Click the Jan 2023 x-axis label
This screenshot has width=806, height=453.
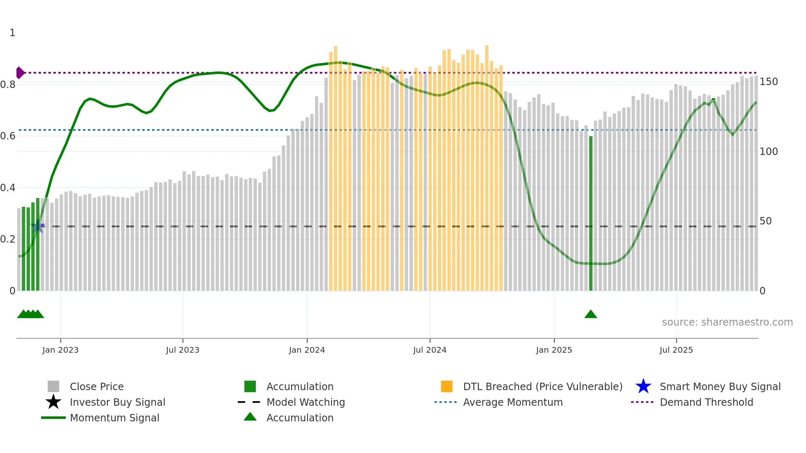[x=60, y=350]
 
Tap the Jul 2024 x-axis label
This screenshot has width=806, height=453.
[x=430, y=350]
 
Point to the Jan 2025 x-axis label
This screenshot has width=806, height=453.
[x=554, y=350]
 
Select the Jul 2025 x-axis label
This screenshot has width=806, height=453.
[x=676, y=350]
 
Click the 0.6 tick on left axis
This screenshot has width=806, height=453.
[x=8, y=136]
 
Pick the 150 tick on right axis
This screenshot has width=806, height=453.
[x=768, y=82]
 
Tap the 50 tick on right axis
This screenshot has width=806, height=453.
[x=765, y=221]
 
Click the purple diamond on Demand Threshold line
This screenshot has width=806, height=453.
[x=20, y=73]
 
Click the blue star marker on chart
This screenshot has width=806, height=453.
[x=37, y=226]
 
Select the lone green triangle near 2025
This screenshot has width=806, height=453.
[x=591, y=314]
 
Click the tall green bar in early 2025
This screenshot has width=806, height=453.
[x=591, y=214]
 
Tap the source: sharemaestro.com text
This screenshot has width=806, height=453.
[x=727, y=322]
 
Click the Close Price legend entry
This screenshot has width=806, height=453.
[x=97, y=387]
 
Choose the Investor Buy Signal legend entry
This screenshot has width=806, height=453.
[x=117, y=402]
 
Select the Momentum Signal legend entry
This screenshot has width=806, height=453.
[x=114, y=418]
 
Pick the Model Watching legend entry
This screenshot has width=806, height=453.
[x=306, y=402]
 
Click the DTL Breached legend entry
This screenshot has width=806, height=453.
[x=542, y=387]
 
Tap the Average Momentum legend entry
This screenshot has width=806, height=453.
[x=513, y=402]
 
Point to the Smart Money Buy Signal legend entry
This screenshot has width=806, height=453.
[x=720, y=387]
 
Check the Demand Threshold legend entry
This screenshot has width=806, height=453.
[x=706, y=402]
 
